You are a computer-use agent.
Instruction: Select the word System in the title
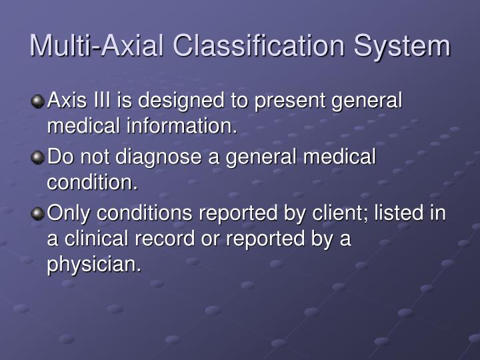[x=402, y=46]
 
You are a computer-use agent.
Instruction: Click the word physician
[x=94, y=264]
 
